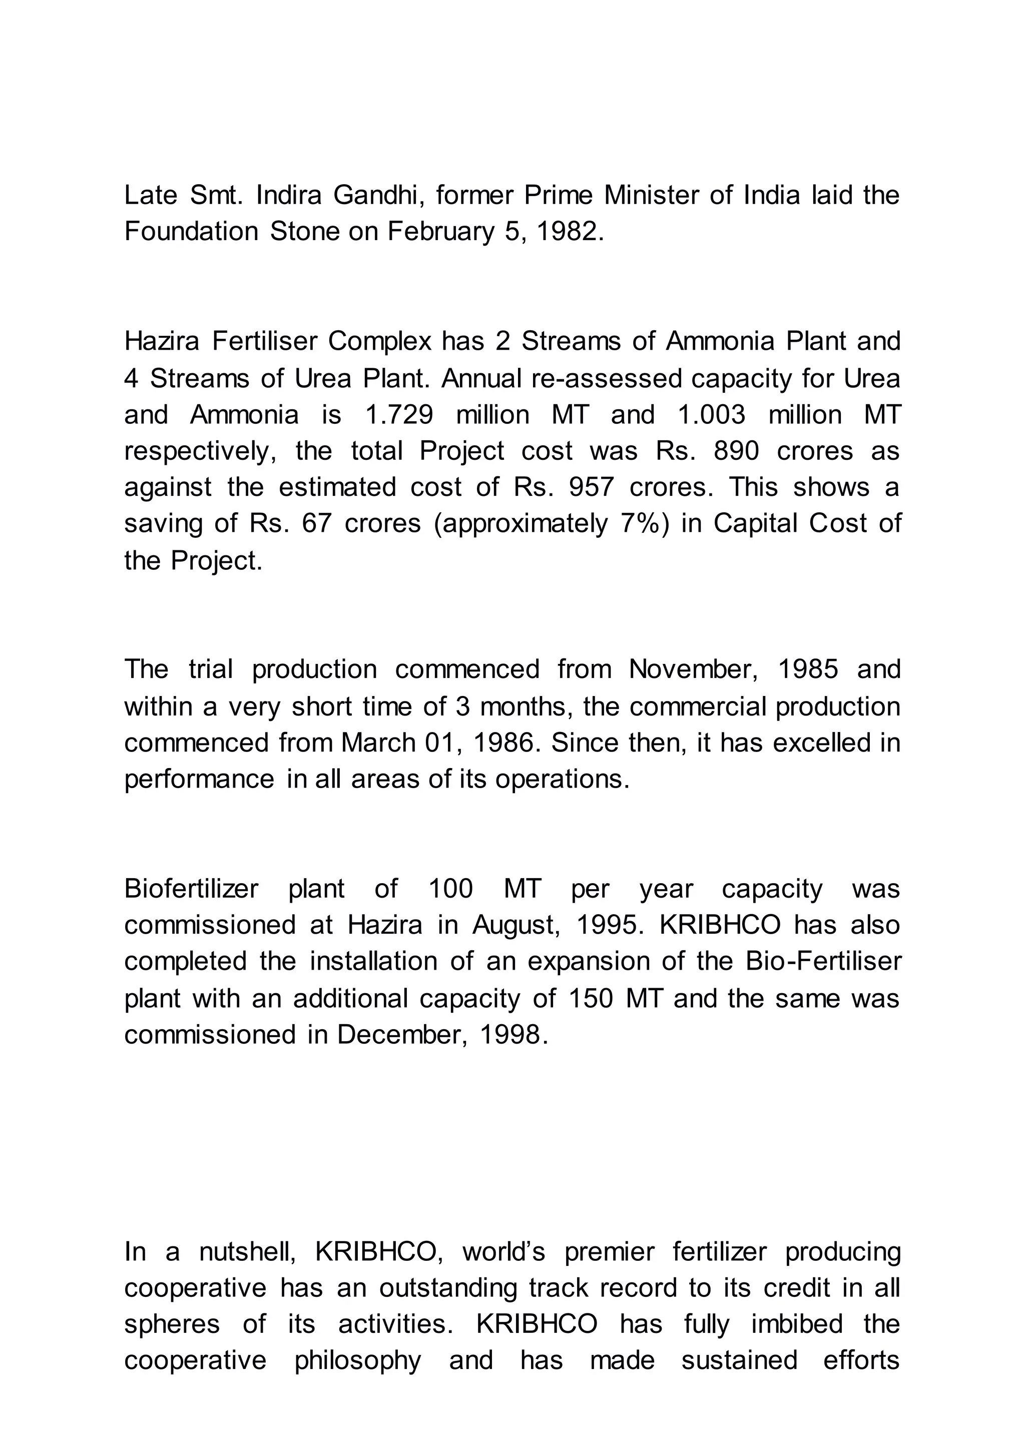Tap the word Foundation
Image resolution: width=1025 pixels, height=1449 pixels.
[191, 232]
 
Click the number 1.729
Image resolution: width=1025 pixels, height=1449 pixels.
[399, 415]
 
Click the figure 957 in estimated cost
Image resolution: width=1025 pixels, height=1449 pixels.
[592, 488]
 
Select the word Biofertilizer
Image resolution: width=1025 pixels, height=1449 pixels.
[191, 889]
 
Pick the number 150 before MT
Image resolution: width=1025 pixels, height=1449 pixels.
[591, 998]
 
